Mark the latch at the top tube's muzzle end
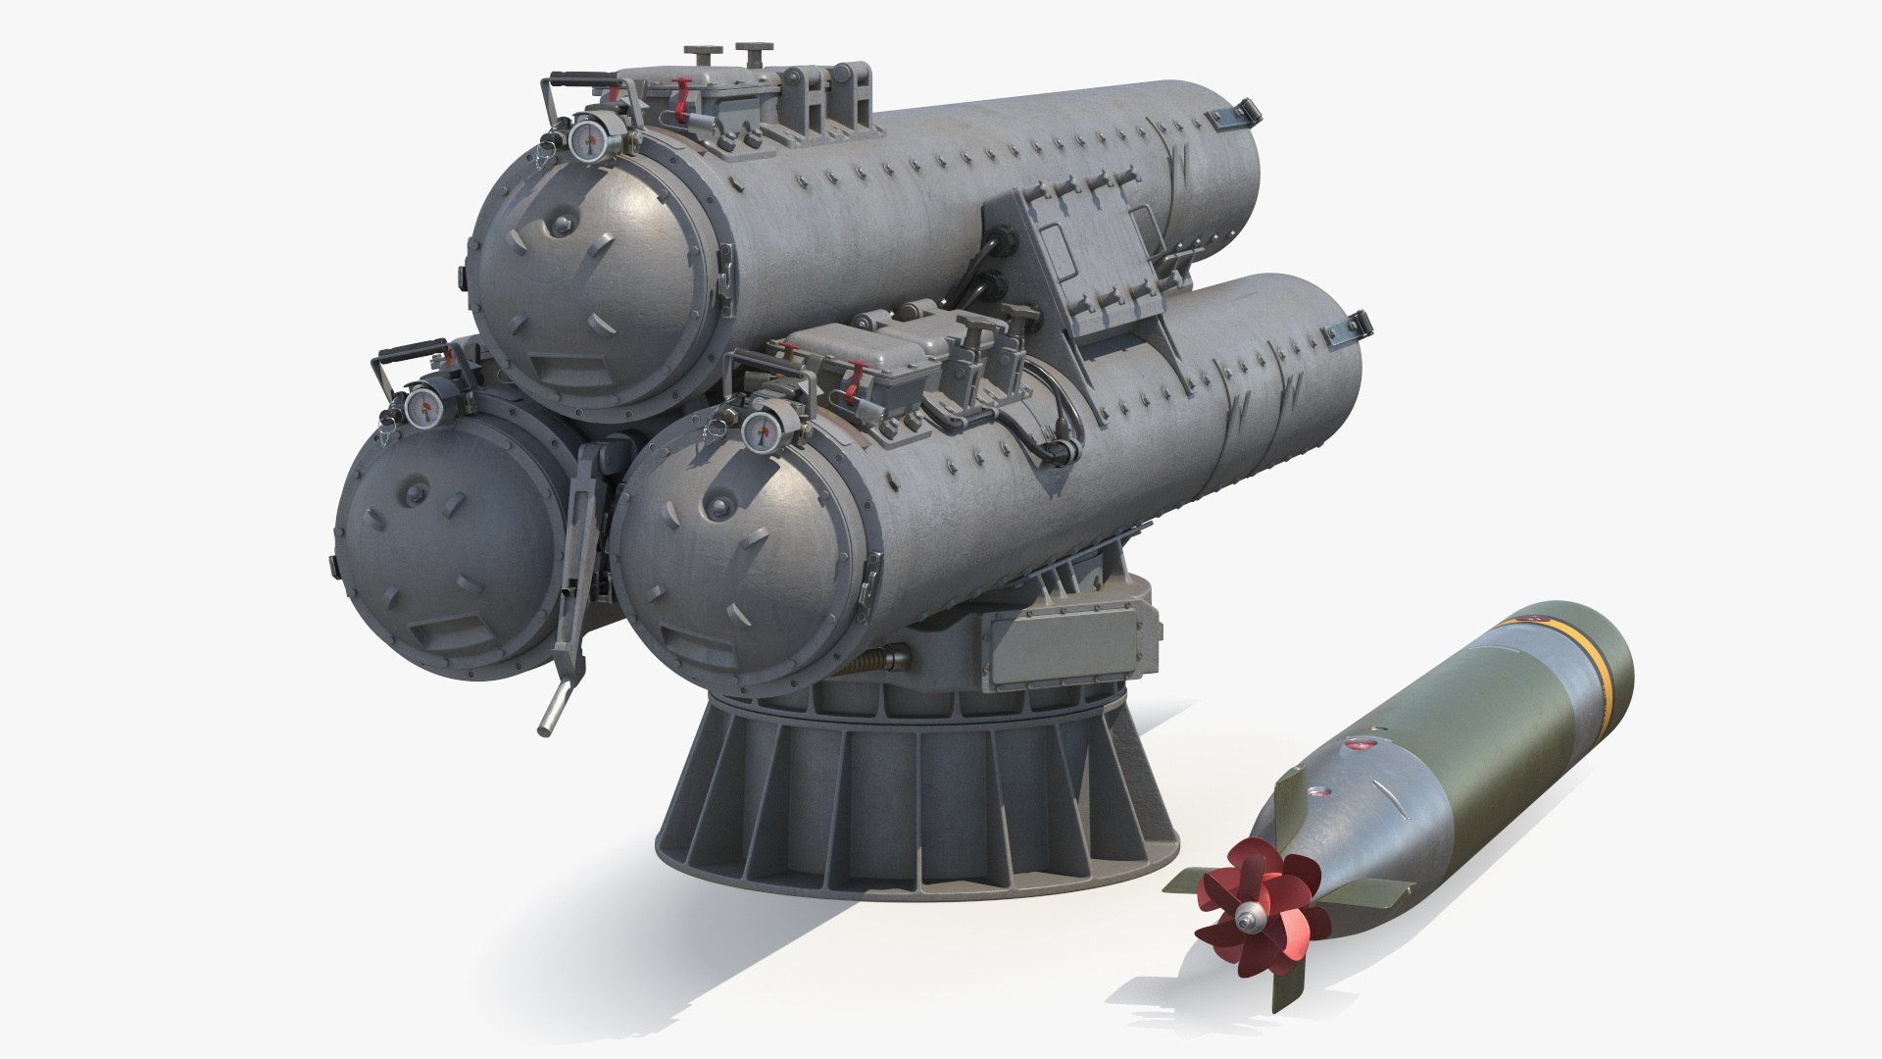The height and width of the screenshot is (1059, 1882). click(x=1232, y=116)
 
